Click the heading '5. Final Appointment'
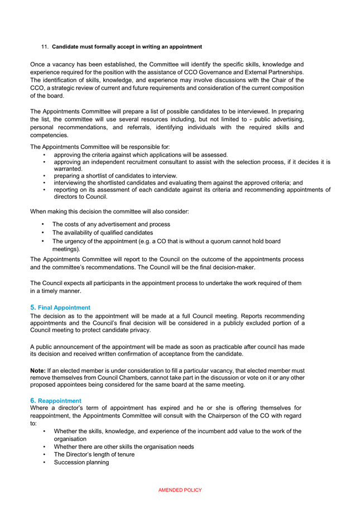pos(60,308)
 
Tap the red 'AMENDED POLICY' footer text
pos(180,490)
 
